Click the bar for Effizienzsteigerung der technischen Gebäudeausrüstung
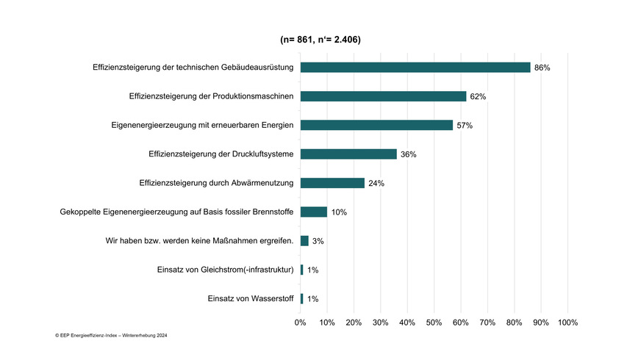tap(415, 68)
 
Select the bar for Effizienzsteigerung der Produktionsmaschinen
tap(383, 96)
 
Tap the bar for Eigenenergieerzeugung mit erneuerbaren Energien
tap(376, 125)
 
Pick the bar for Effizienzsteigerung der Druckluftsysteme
tap(348, 154)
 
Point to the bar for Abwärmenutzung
tap(332, 183)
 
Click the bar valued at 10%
tap(314, 212)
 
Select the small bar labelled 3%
tap(304, 241)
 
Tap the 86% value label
tap(542, 68)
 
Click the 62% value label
tap(478, 96)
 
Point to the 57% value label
tap(465, 126)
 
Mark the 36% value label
tap(409, 154)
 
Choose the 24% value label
tap(376, 183)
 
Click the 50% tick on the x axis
tap(434, 323)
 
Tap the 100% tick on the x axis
tap(567, 323)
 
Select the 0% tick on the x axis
tap(300, 323)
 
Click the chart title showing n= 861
tap(320, 39)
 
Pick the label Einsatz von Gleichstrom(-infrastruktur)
tap(226, 270)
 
